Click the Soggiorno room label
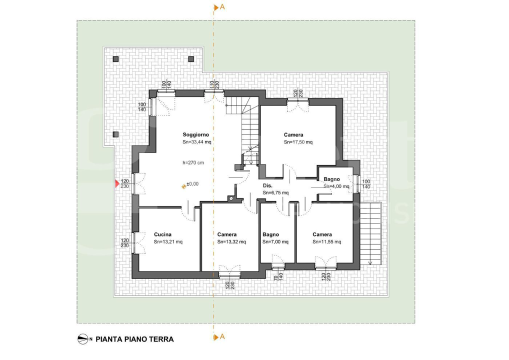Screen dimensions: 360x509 196,135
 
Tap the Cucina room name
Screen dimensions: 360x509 163,234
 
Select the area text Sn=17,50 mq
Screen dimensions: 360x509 298,142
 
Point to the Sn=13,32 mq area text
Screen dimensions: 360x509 231,242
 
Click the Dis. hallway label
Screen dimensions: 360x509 267,185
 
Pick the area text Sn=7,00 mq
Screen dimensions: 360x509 275,242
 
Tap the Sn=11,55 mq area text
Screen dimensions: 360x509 327,242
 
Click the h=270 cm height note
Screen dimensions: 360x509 193,162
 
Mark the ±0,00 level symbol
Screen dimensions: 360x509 183,186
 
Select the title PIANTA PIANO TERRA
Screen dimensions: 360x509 134,339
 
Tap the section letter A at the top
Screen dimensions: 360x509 222,7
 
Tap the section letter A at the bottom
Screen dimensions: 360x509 222,336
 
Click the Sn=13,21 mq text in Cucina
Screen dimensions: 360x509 168,242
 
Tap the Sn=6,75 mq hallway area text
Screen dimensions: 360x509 275,192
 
